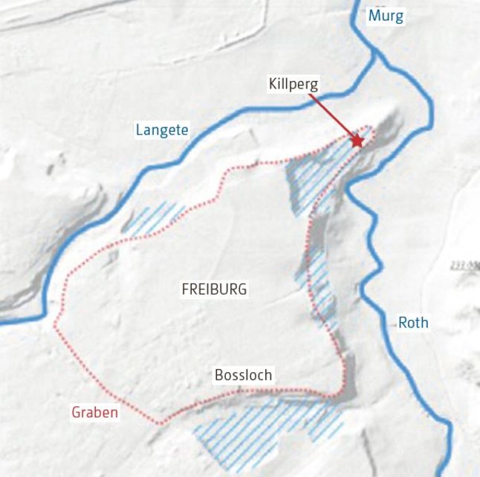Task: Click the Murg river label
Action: click(x=386, y=16)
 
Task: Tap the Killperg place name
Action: click(x=293, y=84)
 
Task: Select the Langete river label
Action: click(x=162, y=130)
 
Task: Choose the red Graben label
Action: click(x=94, y=412)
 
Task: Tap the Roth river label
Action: click(x=413, y=322)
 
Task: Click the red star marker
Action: click(x=357, y=141)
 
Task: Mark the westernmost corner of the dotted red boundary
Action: click(x=54, y=325)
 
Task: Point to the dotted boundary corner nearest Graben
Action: click(x=158, y=423)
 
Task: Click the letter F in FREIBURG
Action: click(x=185, y=289)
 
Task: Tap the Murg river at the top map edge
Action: click(x=357, y=4)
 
